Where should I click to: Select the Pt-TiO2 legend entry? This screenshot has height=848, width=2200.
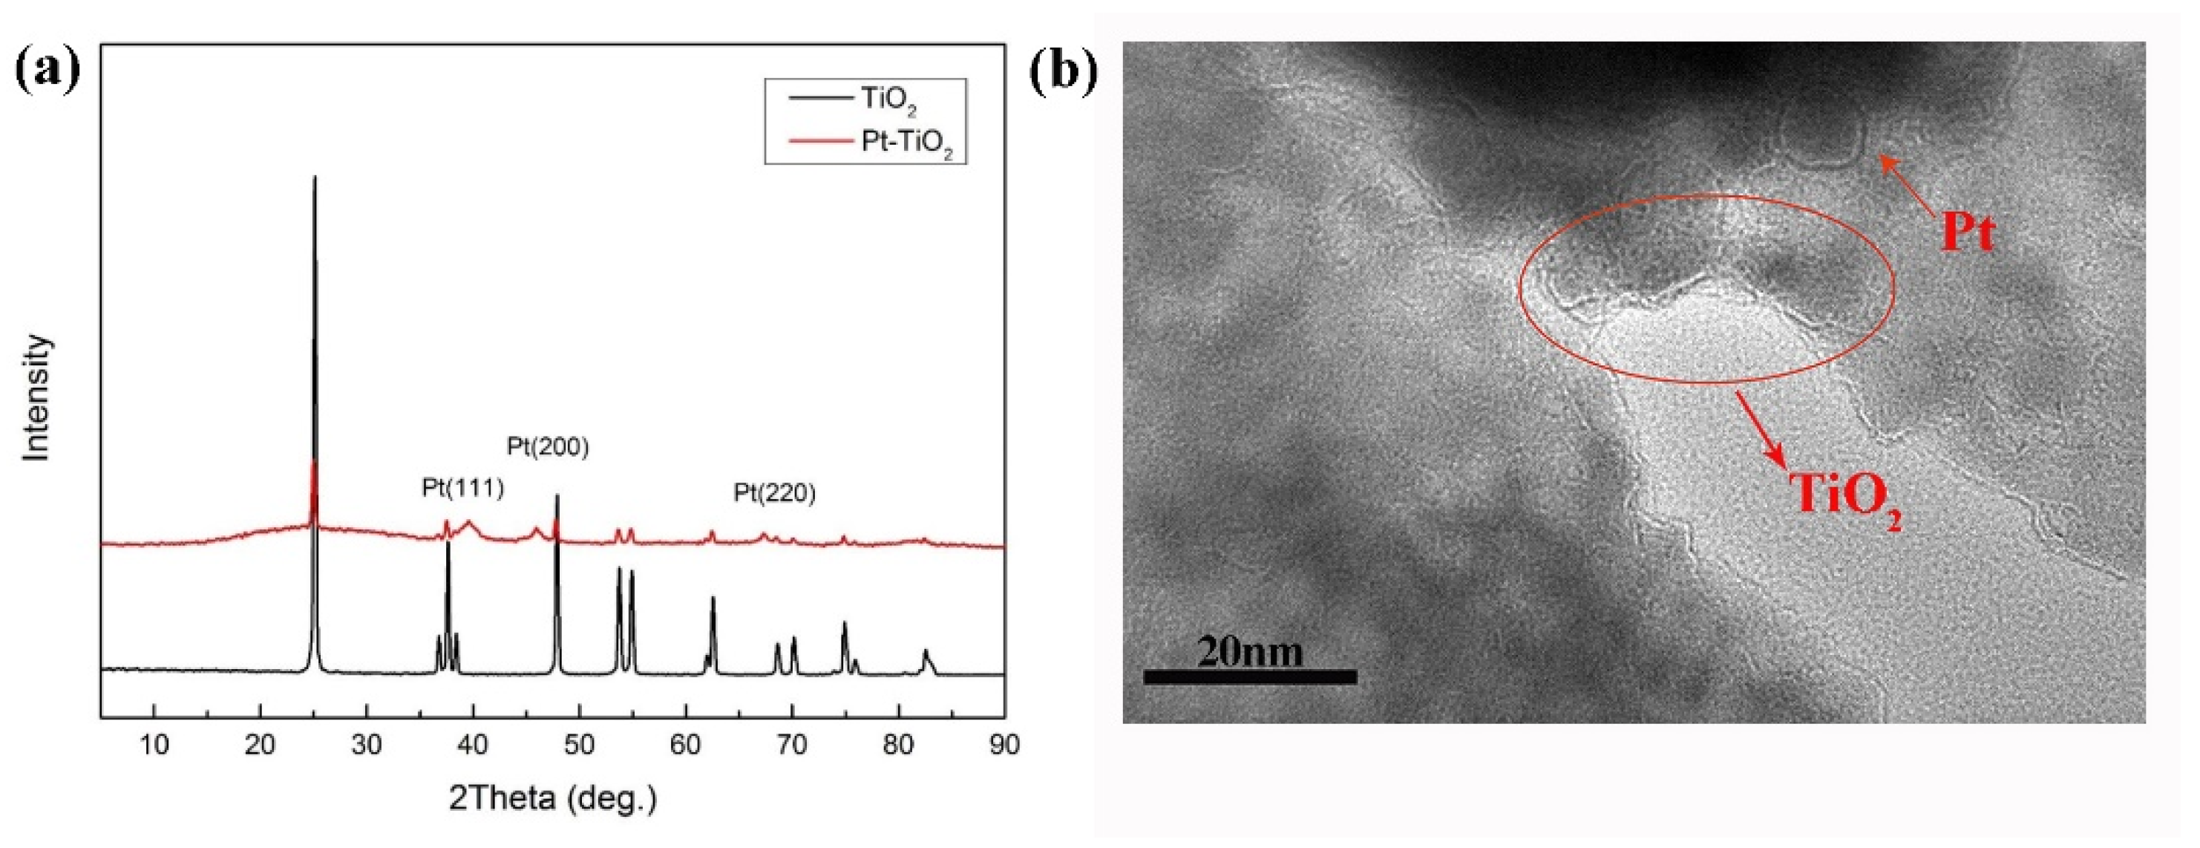pyautogui.click(x=906, y=142)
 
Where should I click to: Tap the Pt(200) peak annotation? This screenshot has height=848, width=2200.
pyautogui.click(x=548, y=446)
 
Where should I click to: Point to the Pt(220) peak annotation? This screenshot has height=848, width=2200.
pyautogui.click(x=775, y=493)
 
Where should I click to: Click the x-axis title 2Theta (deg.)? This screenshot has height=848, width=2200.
pyautogui.click(x=552, y=798)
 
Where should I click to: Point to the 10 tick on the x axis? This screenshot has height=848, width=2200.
pyautogui.click(x=154, y=745)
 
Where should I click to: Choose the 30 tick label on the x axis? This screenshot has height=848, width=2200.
pyautogui.click(x=367, y=745)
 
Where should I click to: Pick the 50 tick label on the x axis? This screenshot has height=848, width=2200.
pyautogui.click(x=579, y=745)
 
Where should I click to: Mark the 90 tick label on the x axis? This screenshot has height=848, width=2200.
pyautogui.click(x=1004, y=745)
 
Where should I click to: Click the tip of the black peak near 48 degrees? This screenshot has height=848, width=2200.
pyautogui.click(x=557, y=496)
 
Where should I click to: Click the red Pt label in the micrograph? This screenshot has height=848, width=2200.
pyautogui.click(x=1967, y=232)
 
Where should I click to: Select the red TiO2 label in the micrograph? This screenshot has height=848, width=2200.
pyautogui.click(x=1844, y=495)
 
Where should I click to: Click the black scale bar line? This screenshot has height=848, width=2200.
pyautogui.click(x=1249, y=677)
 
